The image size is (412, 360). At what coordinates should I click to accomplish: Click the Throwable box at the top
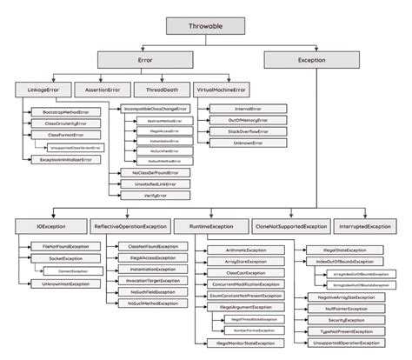tap(206, 26)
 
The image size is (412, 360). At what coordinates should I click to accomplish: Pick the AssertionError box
tap(103, 90)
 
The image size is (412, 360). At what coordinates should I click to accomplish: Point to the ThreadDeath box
tap(157, 90)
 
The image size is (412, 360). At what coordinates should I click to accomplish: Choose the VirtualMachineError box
tap(223, 90)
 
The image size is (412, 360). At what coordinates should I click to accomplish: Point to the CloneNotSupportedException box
tap(290, 226)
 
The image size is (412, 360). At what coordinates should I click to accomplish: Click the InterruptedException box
tap(367, 226)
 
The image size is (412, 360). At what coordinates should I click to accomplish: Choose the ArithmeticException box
tap(237, 250)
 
